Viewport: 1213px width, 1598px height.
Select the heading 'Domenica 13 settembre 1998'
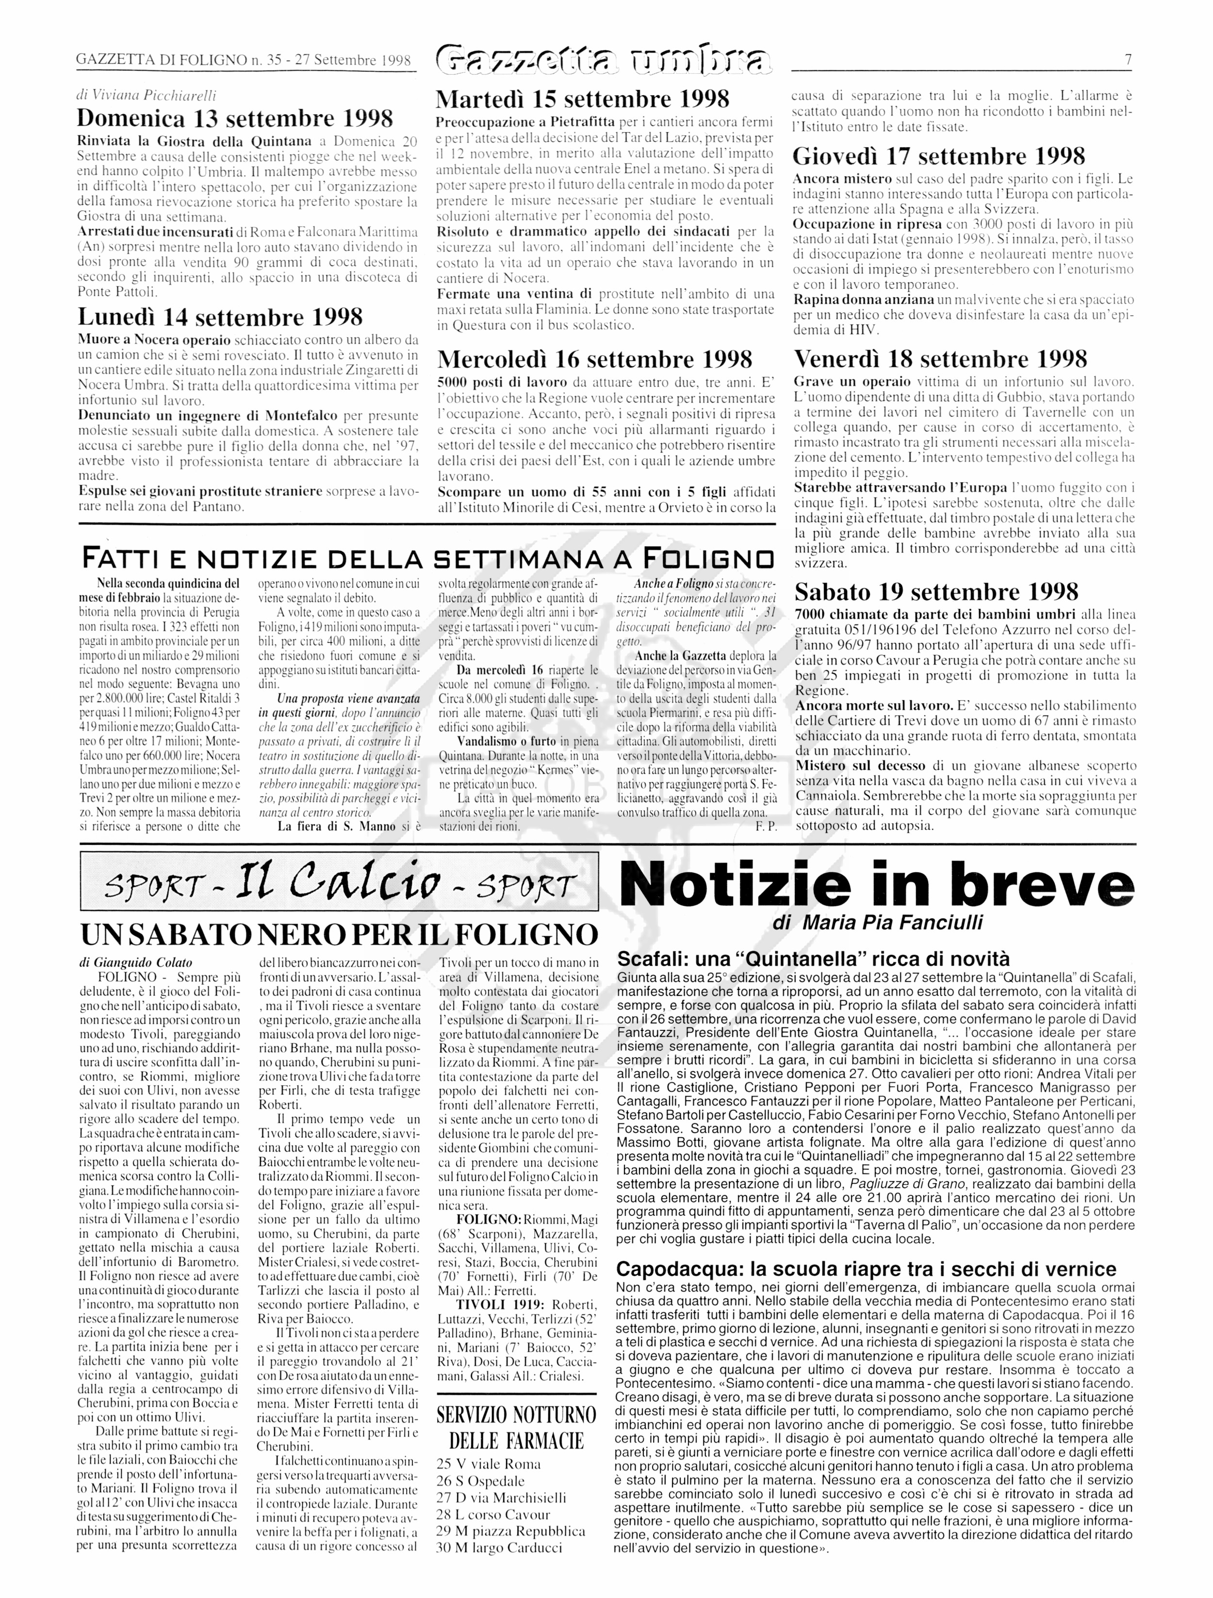[x=235, y=118]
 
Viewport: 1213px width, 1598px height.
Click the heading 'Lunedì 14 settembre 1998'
[x=220, y=317]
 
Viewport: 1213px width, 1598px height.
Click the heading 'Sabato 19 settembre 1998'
[x=936, y=592]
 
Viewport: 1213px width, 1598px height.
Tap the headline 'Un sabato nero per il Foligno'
[x=339, y=934]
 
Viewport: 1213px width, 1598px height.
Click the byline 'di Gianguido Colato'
[x=136, y=962]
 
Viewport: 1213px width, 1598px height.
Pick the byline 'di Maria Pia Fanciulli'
[x=877, y=923]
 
